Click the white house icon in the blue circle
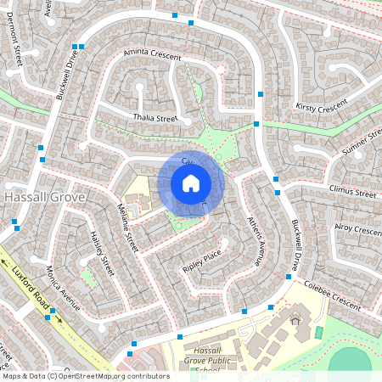pyautogui.click(x=191, y=183)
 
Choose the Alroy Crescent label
pyautogui.click(x=357, y=230)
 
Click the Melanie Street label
pyautogui.click(x=127, y=225)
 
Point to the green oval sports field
pyautogui.click(x=350, y=360)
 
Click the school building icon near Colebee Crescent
pyautogui.click(x=295, y=320)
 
